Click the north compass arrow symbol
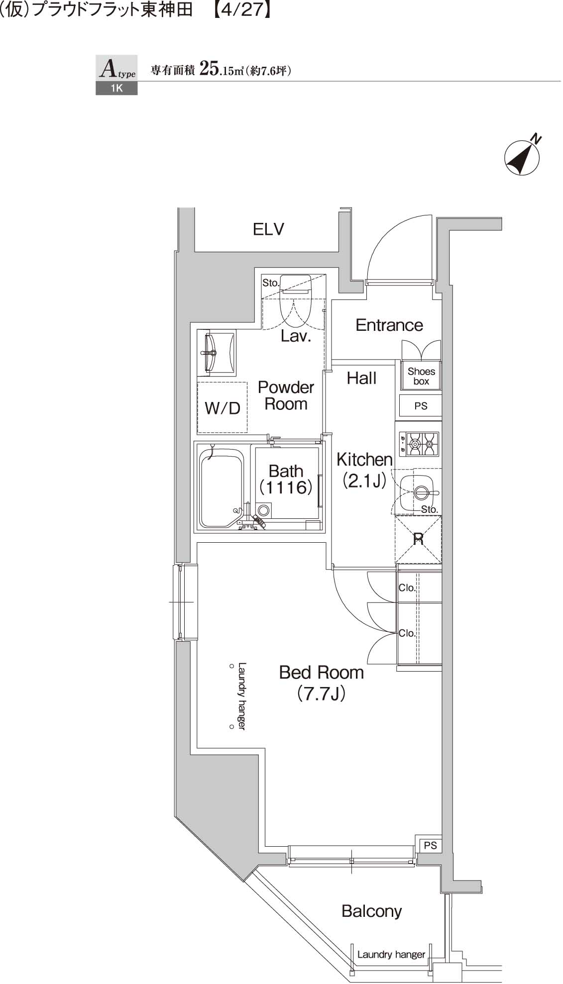522,158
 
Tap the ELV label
268,229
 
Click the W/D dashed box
223,407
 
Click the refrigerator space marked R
418,539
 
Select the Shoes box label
421,376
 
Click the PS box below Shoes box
421,406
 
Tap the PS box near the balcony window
431,845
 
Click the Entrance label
389,325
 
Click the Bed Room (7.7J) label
322,682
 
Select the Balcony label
371,911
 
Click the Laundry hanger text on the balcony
391,954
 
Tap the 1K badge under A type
116,89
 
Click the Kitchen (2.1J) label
364,469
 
